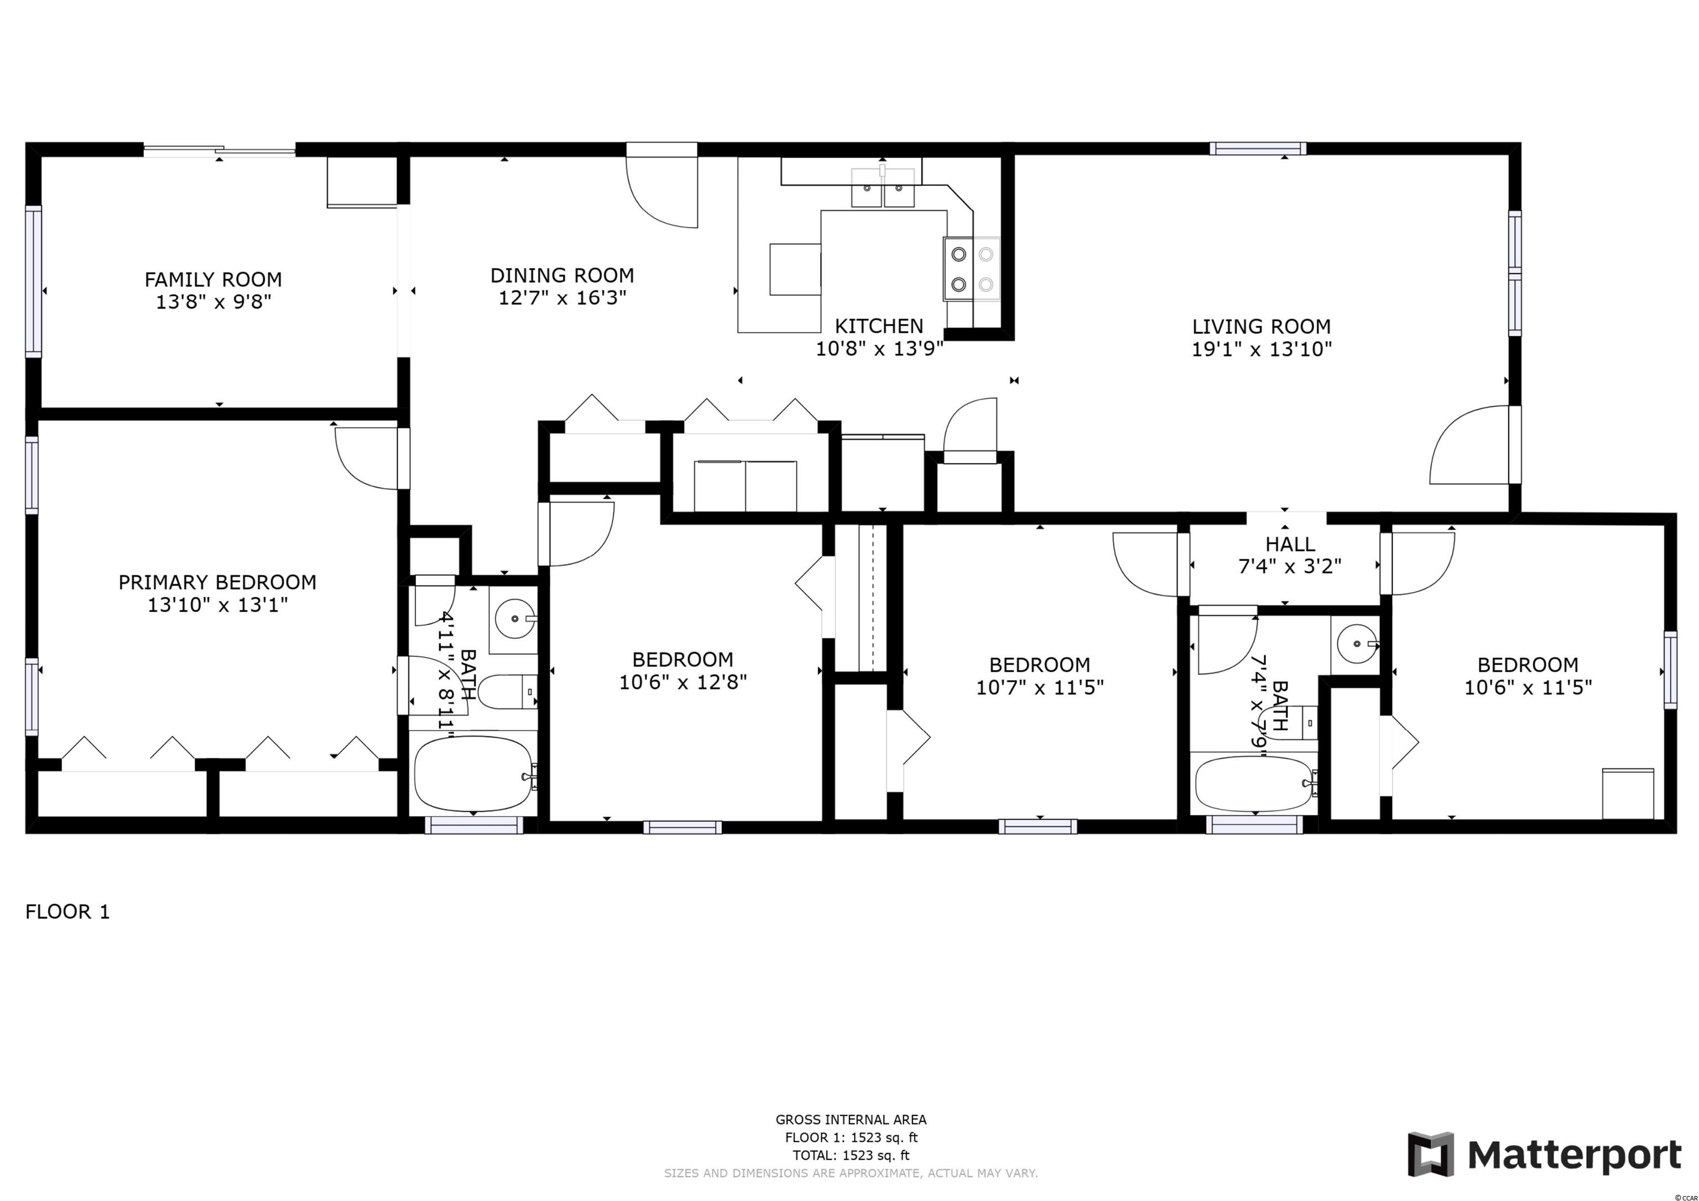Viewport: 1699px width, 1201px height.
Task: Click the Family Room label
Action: tap(213, 280)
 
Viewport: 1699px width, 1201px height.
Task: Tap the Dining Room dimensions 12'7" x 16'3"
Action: tap(562, 297)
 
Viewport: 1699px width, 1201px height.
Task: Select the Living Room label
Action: tap(1261, 326)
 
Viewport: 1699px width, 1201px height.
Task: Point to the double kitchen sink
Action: tap(883, 188)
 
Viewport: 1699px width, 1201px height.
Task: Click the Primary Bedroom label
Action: tap(217, 582)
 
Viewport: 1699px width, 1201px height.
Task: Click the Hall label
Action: tap(1290, 545)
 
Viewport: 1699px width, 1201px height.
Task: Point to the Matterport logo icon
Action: tap(1430, 1155)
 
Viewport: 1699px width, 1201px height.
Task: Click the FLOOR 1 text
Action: tap(67, 912)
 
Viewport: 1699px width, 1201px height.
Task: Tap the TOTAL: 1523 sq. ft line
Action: tap(851, 1155)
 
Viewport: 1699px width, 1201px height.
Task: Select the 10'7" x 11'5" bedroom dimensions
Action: tap(1040, 687)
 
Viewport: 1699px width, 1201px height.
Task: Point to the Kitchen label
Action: tap(879, 326)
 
